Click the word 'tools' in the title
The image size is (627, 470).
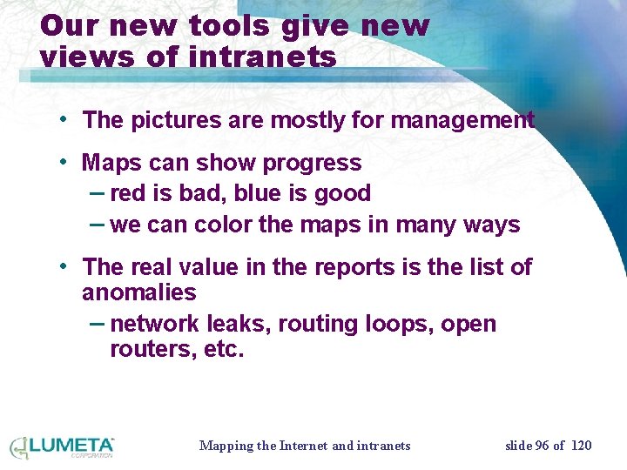234,26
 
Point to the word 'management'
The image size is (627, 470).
462,121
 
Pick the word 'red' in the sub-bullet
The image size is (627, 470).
129,193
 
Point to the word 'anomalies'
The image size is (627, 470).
138,292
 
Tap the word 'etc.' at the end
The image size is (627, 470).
226,350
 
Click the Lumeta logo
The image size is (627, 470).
62,446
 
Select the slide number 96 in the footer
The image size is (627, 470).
542,446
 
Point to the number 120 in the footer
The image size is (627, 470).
581,446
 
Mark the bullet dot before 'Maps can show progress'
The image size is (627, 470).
65,163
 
